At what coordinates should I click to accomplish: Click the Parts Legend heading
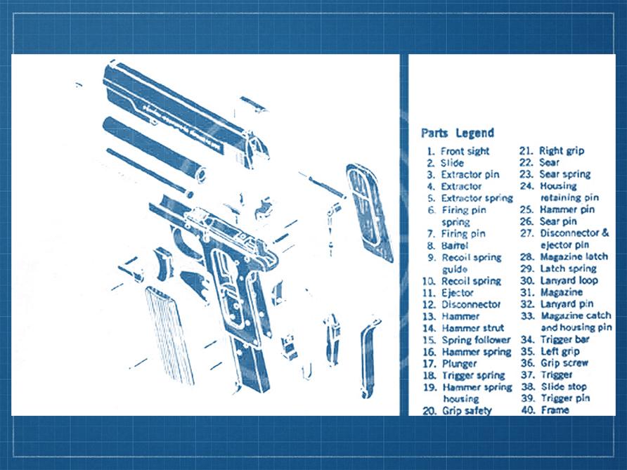point(458,133)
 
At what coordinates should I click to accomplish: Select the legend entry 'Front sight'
point(465,151)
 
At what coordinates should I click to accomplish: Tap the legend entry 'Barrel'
point(454,245)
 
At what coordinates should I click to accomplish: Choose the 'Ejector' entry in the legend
point(458,292)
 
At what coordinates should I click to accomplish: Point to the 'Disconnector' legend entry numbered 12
point(471,304)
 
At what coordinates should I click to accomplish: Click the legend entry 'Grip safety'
point(467,410)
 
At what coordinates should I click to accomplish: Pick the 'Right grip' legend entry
point(562,150)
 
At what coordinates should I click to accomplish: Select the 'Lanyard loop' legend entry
point(569,280)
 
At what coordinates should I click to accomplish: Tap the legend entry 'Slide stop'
point(564,386)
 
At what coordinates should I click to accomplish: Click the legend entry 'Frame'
point(555,410)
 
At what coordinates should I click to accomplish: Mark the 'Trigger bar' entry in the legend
point(564,340)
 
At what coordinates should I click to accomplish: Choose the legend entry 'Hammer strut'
point(472,328)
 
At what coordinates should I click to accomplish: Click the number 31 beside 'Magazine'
point(526,292)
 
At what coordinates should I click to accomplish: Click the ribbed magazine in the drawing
point(169,335)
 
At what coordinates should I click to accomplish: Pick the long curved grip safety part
point(369,355)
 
